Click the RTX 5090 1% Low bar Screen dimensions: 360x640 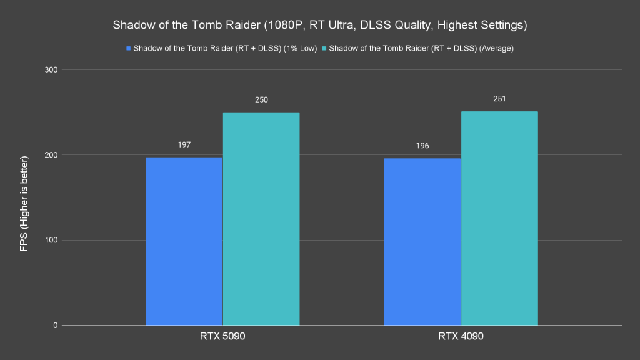tap(184, 241)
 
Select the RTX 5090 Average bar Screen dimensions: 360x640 tap(261, 219)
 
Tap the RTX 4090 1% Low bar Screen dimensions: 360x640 tap(422, 242)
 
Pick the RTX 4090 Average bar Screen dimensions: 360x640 tap(499, 218)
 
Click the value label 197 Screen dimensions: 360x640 tap(184, 144)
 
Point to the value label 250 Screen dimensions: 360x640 tap(261, 99)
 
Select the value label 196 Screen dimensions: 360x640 tap(422, 146)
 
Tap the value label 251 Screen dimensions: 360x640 tap(499, 98)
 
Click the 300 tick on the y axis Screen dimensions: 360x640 tap(51, 69)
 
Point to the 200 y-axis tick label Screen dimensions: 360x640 tap(51, 155)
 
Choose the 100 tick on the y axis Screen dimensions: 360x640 tap(51, 240)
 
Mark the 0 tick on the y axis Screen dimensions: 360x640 tap(56, 326)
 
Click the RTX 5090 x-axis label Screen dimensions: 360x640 tap(222, 337)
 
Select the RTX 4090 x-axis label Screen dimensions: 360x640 tap(461, 337)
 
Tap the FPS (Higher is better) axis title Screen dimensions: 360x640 tap(24, 197)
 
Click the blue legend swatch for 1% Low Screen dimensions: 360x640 tap(129, 48)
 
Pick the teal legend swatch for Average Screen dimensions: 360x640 tap(324, 48)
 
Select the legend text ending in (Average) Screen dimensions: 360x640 tap(421, 48)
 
